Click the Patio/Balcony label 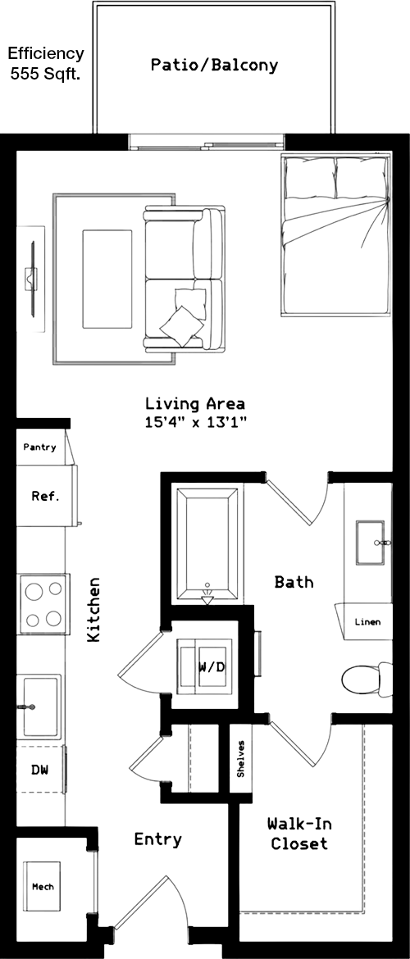click(214, 65)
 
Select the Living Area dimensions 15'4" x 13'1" click(195, 421)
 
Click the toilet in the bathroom click(367, 679)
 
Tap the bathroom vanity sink click(371, 543)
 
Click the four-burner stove click(42, 603)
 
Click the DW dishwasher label click(39, 770)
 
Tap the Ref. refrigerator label click(45, 496)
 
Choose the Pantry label click(40, 447)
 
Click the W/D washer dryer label click(212, 666)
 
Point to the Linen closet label click(368, 622)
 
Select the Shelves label click(241, 758)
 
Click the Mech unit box click(43, 887)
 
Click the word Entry click(158, 839)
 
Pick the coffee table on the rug click(107, 279)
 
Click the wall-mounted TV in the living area click(30, 278)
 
